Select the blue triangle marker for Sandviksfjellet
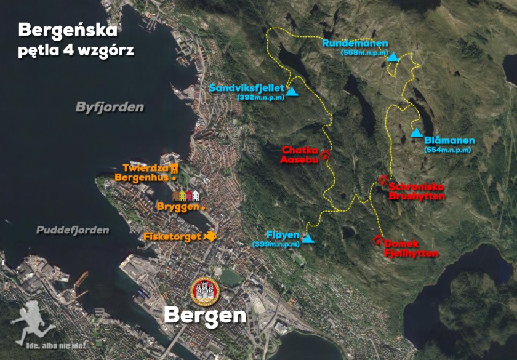pos(292,92)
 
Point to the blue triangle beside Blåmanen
pos(417,133)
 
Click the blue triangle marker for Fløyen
pos(308,239)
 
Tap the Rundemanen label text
pos(355,43)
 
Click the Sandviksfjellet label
pos(246,88)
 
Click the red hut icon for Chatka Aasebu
pos(325,154)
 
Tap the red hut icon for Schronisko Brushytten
pos(382,180)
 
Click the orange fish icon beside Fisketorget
pos(210,236)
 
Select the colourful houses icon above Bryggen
pos(186,196)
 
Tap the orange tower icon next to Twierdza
pos(175,167)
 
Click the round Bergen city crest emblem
pos(204,290)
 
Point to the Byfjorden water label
pos(110,107)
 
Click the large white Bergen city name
pos(205,315)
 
